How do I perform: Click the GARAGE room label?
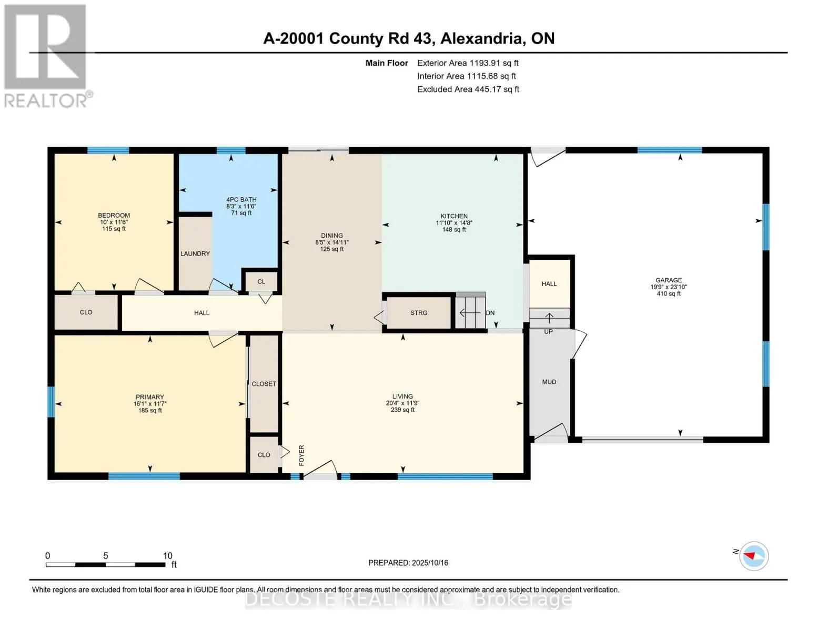[x=669, y=280]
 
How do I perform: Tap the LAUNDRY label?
[x=195, y=253]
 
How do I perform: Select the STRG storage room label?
[x=419, y=313]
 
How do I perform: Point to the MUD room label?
[x=549, y=382]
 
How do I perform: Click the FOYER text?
[x=301, y=455]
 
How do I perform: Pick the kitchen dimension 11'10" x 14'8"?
[x=454, y=223]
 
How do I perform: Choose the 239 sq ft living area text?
[x=402, y=410]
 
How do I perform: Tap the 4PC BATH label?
[x=241, y=200]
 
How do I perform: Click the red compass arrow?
[x=749, y=555]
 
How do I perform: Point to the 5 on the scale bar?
[x=106, y=555]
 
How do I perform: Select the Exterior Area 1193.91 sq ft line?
[x=468, y=63]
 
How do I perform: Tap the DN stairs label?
[x=490, y=313]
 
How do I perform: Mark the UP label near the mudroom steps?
[x=548, y=332]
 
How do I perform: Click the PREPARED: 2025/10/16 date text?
[x=408, y=563]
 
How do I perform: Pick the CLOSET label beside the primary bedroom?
[x=264, y=384]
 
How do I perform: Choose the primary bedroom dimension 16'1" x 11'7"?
[x=149, y=404]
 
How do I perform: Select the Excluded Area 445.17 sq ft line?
[x=468, y=89]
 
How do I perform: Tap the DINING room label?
[x=331, y=236]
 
